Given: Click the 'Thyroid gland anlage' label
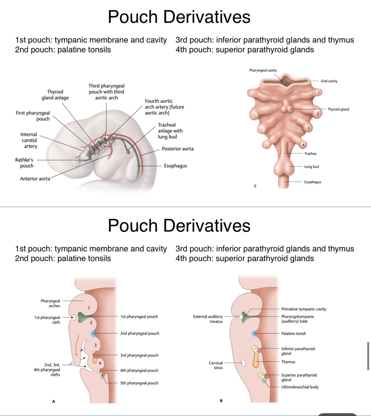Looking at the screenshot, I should pos(55,95).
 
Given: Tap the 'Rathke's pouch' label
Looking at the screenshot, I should pos(24,163).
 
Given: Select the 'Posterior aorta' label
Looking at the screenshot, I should pos(177,149).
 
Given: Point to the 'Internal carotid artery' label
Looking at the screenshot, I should pos(29,140).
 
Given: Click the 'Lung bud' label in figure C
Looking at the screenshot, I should pos(311,167).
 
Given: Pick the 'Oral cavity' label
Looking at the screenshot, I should pos(329,81).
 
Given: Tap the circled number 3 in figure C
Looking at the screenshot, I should pos(308,128).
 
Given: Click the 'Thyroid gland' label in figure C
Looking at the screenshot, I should pos(338,109).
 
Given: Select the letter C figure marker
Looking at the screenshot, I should pos(255,186).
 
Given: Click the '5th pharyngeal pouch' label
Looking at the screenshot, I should pos(139,383).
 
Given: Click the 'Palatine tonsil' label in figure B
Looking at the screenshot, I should pos(293,333).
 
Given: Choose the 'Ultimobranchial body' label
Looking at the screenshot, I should pos(300,387).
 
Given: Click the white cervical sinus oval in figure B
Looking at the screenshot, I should pos(243,363).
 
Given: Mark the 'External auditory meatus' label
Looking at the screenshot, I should pos(208,319).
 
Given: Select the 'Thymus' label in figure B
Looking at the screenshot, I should pos(288,362).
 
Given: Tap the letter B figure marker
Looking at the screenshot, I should pos(221,401).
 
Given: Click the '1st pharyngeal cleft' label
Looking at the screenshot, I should pos(47,320).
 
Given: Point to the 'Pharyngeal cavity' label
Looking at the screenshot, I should pos(263,71).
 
